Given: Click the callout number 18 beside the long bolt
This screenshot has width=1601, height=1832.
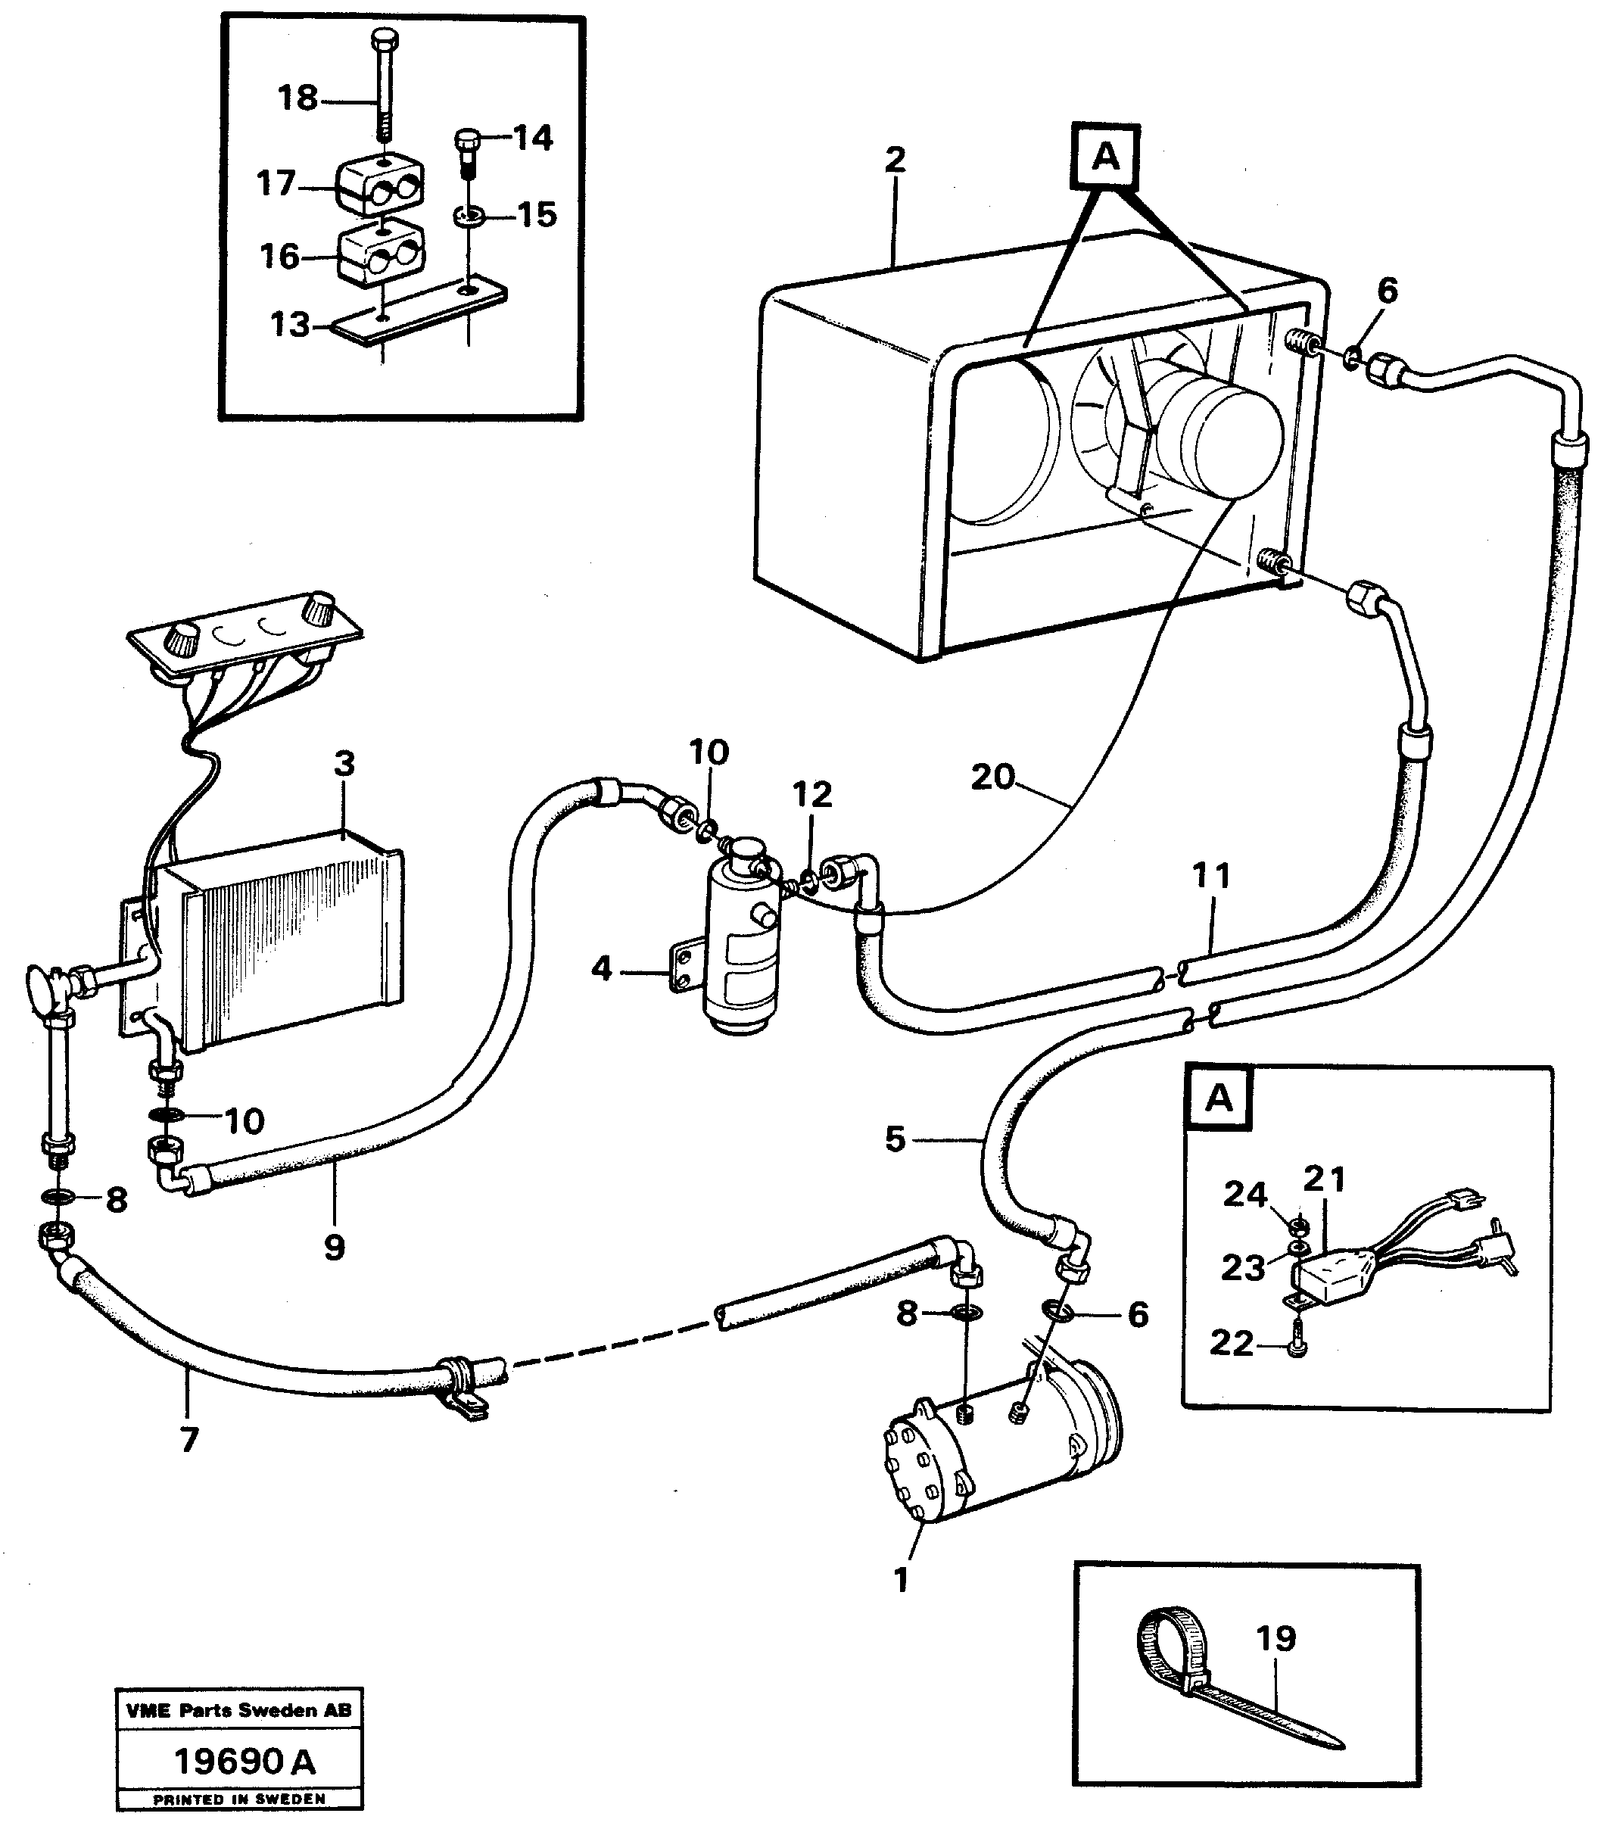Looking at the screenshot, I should click(x=297, y=98).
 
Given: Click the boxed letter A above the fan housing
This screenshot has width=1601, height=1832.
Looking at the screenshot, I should click(x=1106, y=157).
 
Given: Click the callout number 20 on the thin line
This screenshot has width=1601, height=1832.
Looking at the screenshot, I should click(x=992, y=777).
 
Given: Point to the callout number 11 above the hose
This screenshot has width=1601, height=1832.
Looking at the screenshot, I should click(x=1210, y=876).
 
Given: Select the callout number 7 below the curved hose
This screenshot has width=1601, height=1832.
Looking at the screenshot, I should click(x=188, y=1440).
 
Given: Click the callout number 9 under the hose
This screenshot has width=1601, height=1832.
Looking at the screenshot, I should click(x=334, y=1248).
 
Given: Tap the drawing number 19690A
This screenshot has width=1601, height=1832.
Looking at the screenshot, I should click(x=243, y=1762).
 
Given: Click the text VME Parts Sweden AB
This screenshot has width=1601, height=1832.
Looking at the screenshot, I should click(x=239, y=1710).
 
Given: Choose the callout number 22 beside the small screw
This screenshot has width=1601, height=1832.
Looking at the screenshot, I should click(x=1230, y=1343).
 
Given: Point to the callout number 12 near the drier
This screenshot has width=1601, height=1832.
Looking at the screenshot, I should click(x=811, y=794).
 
